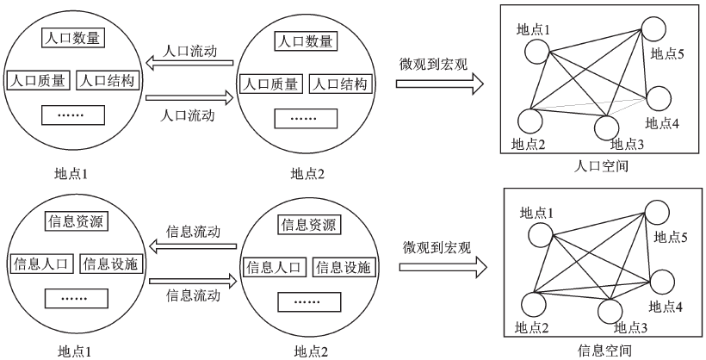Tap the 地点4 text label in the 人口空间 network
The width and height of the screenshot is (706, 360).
point(662,123)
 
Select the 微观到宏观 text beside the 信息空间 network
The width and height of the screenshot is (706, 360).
point(437,248)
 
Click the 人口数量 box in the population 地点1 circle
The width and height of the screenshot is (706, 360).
point(71,38)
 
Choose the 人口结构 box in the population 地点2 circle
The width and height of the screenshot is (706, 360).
point(339,84)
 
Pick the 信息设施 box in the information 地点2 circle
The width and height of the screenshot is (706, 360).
point(343,267)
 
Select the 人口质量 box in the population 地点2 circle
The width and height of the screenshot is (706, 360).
point(269,84)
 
